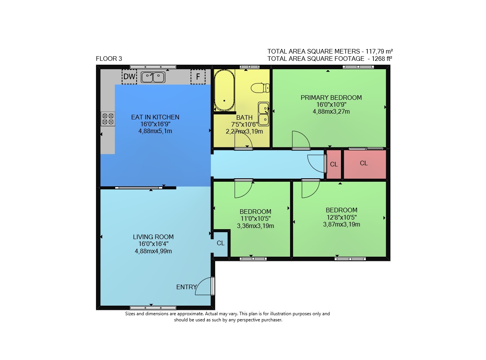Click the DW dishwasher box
(x=129, y=77)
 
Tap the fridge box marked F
(x=198, y=77)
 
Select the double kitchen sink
(x=153, y=77)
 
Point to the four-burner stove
(x=108, y=119)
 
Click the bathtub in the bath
(x=224, y=91)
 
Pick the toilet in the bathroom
(x=260, y=88)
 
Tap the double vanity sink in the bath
(x=263, y=114)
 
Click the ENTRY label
(x=186, y=287)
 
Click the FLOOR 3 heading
(x=109, y=59)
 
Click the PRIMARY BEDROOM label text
(x=331, y=98)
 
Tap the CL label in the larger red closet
(x=364, y=163)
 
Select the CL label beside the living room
(x=221, y=243)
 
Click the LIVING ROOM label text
(x=153, y=237)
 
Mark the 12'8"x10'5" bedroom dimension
(x=341, y=217)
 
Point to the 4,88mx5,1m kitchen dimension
(x=155, y=131)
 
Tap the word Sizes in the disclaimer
(x=130, y=314)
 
